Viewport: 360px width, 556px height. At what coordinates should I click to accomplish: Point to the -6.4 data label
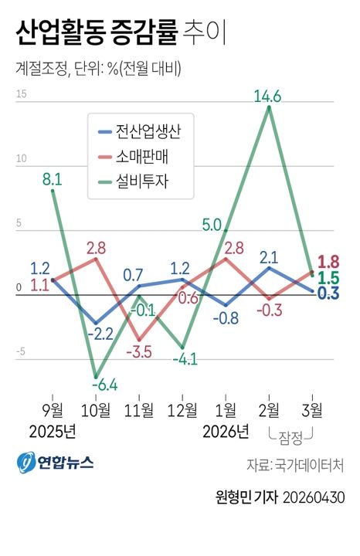(104, 384)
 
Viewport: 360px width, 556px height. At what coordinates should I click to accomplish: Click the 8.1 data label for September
(53, 179)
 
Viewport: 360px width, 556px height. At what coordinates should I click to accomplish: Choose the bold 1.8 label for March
(329, 261)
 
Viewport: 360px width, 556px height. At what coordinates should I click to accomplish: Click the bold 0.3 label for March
(329, 293)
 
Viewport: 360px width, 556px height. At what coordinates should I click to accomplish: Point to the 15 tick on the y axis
(21, 95)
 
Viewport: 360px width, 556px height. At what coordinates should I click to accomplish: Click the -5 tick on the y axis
(21, 352)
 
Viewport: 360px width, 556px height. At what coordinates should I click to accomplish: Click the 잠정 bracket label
(290, 436)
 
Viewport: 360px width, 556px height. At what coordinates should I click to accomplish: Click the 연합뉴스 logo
(56, 462)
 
